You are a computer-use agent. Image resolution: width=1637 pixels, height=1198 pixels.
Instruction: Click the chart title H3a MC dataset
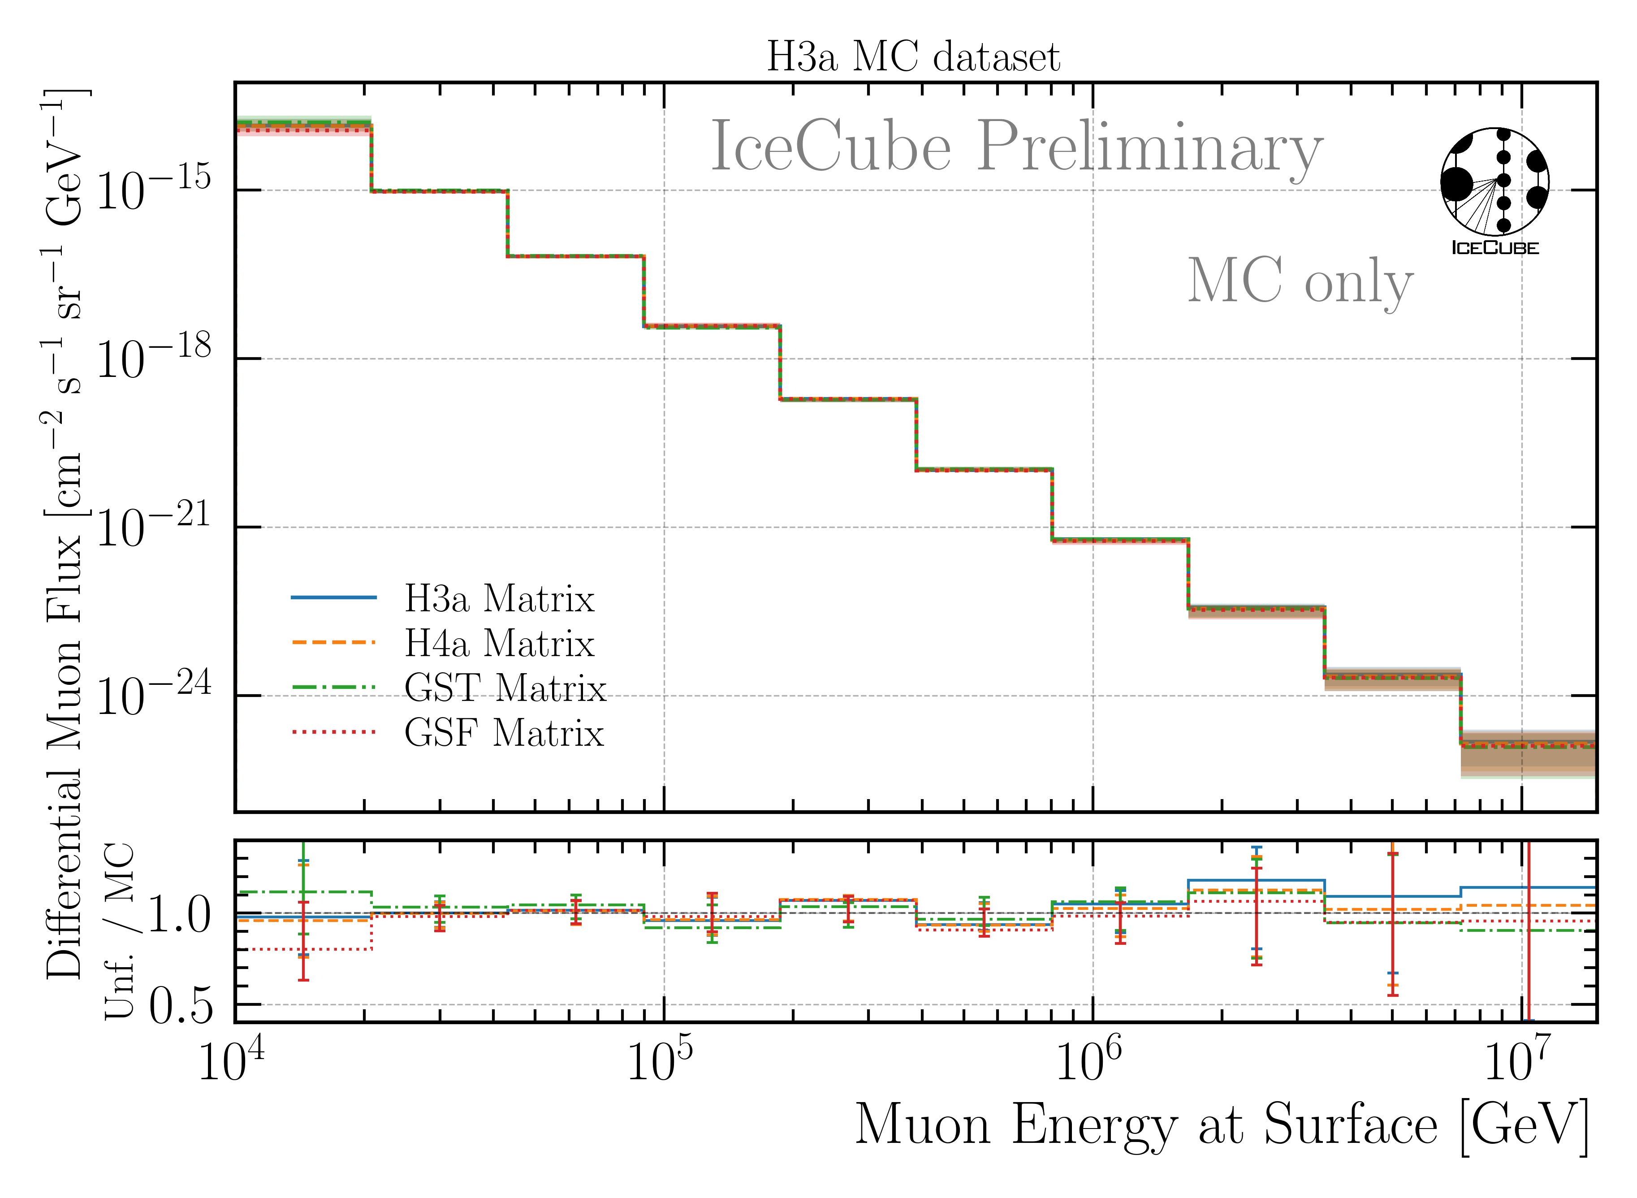pyautogui.click(x=913, y=56)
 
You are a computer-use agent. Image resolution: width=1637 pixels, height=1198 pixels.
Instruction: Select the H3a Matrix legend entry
pyautogui.click(x=499, y=599)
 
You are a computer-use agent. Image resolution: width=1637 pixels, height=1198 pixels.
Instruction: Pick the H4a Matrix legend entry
pyautogui.click(x=499, y=643)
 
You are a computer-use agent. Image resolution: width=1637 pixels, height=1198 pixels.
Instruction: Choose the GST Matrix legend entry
pyautogui.click(x=505, y=688)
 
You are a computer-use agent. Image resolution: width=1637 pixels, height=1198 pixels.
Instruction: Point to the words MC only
pyautogui.click(x=1300, y=281)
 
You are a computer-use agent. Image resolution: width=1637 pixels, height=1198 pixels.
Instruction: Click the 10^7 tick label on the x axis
pyautogui.click(x=1518, y=1060)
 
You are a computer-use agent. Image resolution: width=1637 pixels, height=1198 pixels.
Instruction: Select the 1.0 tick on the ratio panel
pyautogui.click(x=181, y=915)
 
